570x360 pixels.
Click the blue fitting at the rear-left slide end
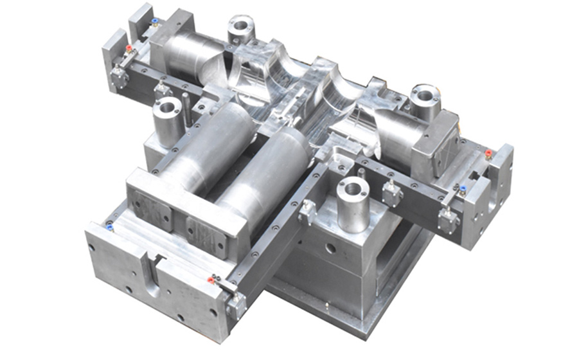(x=154, y=22)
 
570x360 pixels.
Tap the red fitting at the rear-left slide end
(x=129, y=48)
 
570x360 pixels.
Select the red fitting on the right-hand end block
(x=488, y=154)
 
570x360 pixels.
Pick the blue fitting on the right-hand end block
(x=462, y=189)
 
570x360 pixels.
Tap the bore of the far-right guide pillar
(x=425, y=94)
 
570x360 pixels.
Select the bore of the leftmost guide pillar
(x=167, y=106)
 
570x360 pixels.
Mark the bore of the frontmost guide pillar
(x=353, y=188)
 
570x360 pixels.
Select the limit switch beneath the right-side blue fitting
(x=448, y=219)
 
